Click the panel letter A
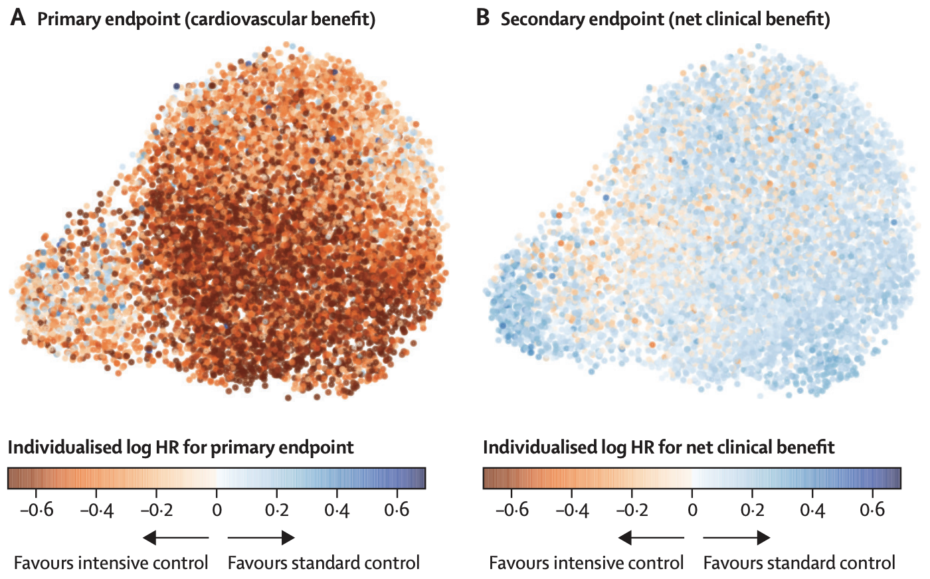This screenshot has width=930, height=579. pos(18,18)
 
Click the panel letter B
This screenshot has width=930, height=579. pos(483,18)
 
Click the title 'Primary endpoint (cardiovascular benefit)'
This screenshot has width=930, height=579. pos(206,19)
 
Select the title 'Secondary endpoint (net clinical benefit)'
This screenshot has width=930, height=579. pos(665,19)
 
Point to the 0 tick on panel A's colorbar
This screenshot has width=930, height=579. pos(217,510)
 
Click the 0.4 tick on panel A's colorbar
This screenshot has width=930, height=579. pos(337,510)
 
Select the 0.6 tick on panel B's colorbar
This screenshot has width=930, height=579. pos(872,510)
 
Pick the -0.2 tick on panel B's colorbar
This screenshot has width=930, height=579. pos(632,510)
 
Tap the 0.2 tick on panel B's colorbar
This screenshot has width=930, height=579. pos(752,510)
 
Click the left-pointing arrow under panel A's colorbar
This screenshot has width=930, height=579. pos(175,537)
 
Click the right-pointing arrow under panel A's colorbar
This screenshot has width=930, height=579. pos(261,537)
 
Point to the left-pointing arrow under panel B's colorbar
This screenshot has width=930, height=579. pos(651,537)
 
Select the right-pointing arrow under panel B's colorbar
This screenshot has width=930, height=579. pos(737,537)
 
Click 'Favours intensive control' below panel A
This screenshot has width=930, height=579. pos(111,563)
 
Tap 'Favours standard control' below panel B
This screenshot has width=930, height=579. pos(799,563)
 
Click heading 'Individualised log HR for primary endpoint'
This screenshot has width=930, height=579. pos(181,448)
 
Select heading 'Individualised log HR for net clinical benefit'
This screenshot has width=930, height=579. pos(658,448)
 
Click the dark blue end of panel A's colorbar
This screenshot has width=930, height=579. pos(418,478)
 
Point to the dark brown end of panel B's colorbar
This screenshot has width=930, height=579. pos(490,478)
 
